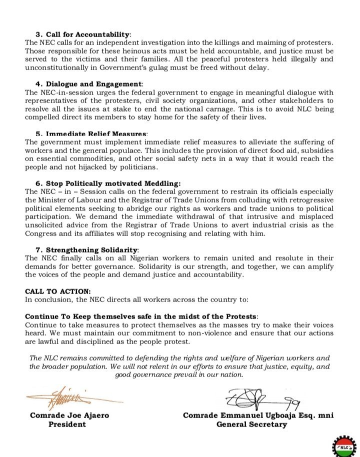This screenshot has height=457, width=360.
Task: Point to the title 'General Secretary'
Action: click(251, 424)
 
